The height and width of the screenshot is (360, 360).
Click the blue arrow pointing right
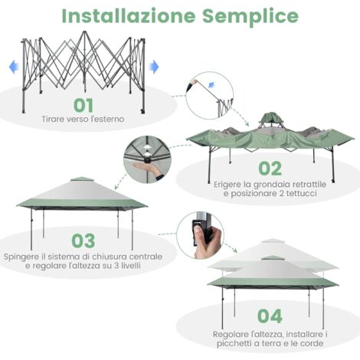(x=154, y=67)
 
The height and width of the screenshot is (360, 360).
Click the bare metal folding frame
(x=84, y=61)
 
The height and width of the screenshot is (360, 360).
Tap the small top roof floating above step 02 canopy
(x=270, y=119)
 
